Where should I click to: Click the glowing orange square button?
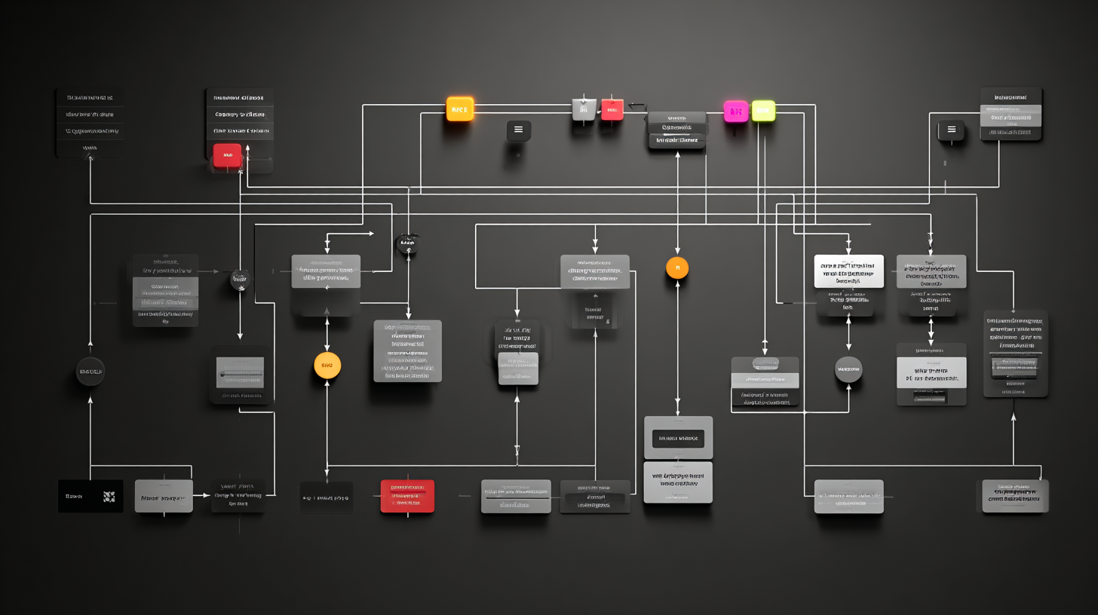(x=459, y=109)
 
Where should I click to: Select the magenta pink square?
(x=735, y=112)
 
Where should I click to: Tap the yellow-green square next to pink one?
(x=763, y=111)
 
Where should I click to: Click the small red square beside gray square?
(x=612, y=110)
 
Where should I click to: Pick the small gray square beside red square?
(x=584, y=109)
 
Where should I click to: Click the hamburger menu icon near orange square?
(x=518, y=130)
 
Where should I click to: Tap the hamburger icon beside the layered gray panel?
(x=951, y=130)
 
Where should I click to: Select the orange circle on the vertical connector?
(x=677, y=268)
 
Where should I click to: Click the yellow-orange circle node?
(x=327, y=366)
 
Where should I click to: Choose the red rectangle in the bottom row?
(x=407, y=496)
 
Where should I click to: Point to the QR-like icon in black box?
(x=109, y=497)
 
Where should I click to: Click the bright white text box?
(x=848, y=271)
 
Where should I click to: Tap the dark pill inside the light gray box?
(x=677, y=438)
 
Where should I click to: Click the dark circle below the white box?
(x=848, y=369)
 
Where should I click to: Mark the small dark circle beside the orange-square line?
(x=406, y=243)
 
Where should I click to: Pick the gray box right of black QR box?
(x=164, y=497)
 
